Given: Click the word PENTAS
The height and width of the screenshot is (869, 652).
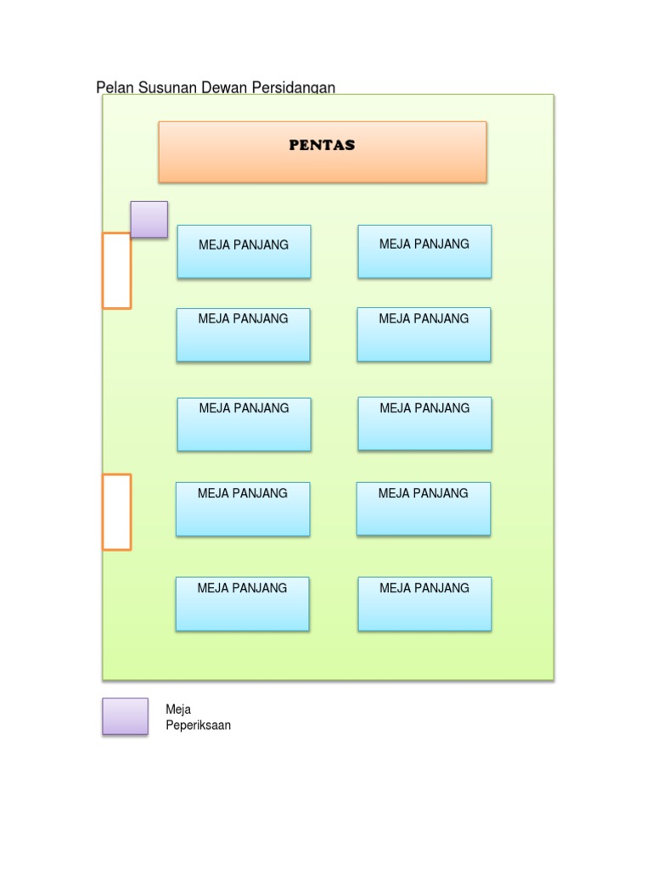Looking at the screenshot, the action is click(322, 145).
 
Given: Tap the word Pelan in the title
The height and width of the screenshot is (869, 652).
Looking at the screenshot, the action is click(113, 87).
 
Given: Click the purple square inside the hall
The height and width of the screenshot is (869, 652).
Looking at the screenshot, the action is click(149, 219).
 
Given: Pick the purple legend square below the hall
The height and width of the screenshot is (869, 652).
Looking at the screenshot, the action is click(125, 716).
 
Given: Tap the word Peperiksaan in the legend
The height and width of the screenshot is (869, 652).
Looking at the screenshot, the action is click(198, 726).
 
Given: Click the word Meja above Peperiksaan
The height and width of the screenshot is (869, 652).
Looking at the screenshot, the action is click(178, 709).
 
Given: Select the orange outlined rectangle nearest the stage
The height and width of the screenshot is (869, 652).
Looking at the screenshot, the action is click(117, 270).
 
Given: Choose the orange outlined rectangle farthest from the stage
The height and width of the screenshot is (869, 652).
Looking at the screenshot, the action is click(117, 512).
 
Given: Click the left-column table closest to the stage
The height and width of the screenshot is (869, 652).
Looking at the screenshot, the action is click(244, 252).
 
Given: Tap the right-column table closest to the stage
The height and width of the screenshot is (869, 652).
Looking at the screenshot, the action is click(424, 251).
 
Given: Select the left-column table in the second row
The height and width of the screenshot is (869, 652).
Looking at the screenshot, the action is click(244, 335).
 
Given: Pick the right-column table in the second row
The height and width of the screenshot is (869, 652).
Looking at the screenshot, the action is click(424, 334).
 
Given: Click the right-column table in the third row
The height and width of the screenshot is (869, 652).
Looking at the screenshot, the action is click(424, 424).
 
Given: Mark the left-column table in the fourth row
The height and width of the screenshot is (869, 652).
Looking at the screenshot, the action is click(243, 509).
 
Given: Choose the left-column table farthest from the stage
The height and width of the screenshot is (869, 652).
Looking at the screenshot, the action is click(242, 604).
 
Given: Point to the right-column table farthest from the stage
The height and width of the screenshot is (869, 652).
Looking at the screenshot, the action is click(424, 604).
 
